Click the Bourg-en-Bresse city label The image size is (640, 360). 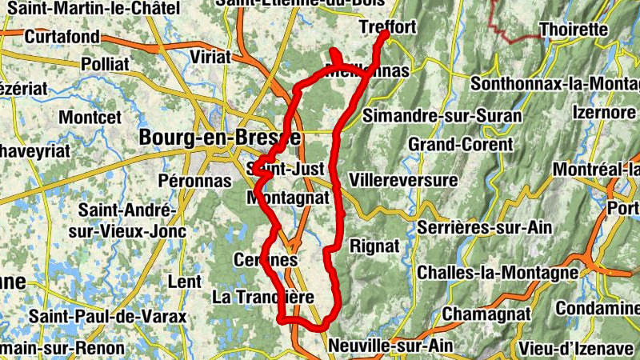click(x=219, y=138)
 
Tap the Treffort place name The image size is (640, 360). click(x=388, y=27)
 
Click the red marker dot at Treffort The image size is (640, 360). click(x=384, y=34)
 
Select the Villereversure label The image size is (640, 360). click(x=403, y=179)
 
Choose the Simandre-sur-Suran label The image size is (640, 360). click(x=442, y=116)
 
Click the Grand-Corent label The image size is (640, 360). click(x=461, y=145)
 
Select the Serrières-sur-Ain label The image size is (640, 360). click(x=484, y=228)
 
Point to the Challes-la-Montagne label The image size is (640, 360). click(x=498, y=273)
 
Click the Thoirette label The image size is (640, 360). click(x=574, y=30)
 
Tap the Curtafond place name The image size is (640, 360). click(x=62, y=37)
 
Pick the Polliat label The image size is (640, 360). click(x=104, y=63)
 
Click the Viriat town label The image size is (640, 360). click(x=210, y=57)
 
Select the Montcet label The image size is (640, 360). click(x=90, y=118)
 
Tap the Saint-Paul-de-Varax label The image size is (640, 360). click(x=107, y=317)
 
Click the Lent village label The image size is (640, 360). click(x=186, y=282)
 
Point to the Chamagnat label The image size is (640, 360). click(x=476, y=313)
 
